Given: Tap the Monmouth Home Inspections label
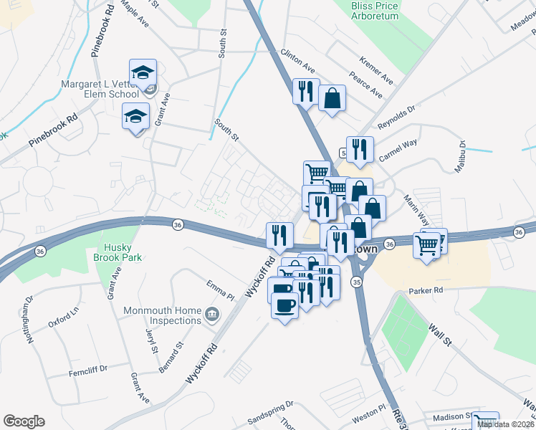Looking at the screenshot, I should pos(162,315).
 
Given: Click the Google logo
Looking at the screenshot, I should pos(24,421).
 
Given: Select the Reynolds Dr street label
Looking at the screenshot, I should pos(398,114).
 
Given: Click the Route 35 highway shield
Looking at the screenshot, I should pos(356,283).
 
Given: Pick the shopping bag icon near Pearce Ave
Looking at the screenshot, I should pos(332,98).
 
